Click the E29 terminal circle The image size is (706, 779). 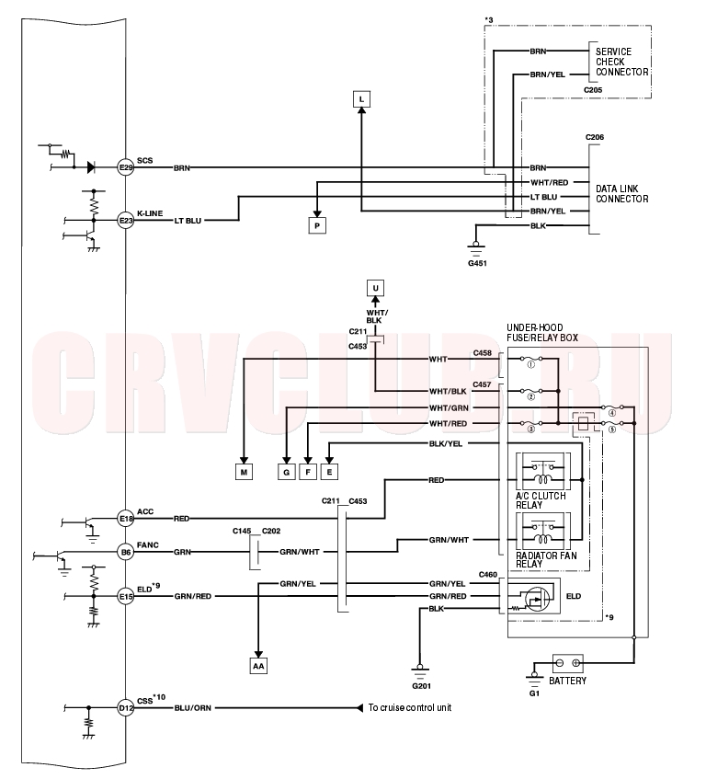[126, 167]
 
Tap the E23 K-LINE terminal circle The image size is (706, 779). [126, 220]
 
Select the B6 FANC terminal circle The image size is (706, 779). [126, 552]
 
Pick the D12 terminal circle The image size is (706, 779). [126, 708]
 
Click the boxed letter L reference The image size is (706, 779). [361, 99]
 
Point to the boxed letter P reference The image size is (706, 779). [317, 226]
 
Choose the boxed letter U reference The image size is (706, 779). [375, 288]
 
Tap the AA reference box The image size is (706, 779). [258, 666]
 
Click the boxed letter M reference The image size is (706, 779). [244, 472]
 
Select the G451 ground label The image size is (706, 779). [477, 263]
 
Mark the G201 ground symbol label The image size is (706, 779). [422, 686]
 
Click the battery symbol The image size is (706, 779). [568, 663]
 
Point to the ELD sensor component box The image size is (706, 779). [534, 596]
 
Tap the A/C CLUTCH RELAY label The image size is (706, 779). [541, 500]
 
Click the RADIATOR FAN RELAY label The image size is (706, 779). [546, 559]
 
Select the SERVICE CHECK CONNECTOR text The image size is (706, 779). [622, 62]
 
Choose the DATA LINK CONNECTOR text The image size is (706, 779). [622, 194]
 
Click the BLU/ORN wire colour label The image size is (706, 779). [193, 708]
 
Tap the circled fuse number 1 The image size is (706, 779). [530, 364]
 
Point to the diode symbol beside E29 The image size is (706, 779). [91, 167]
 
